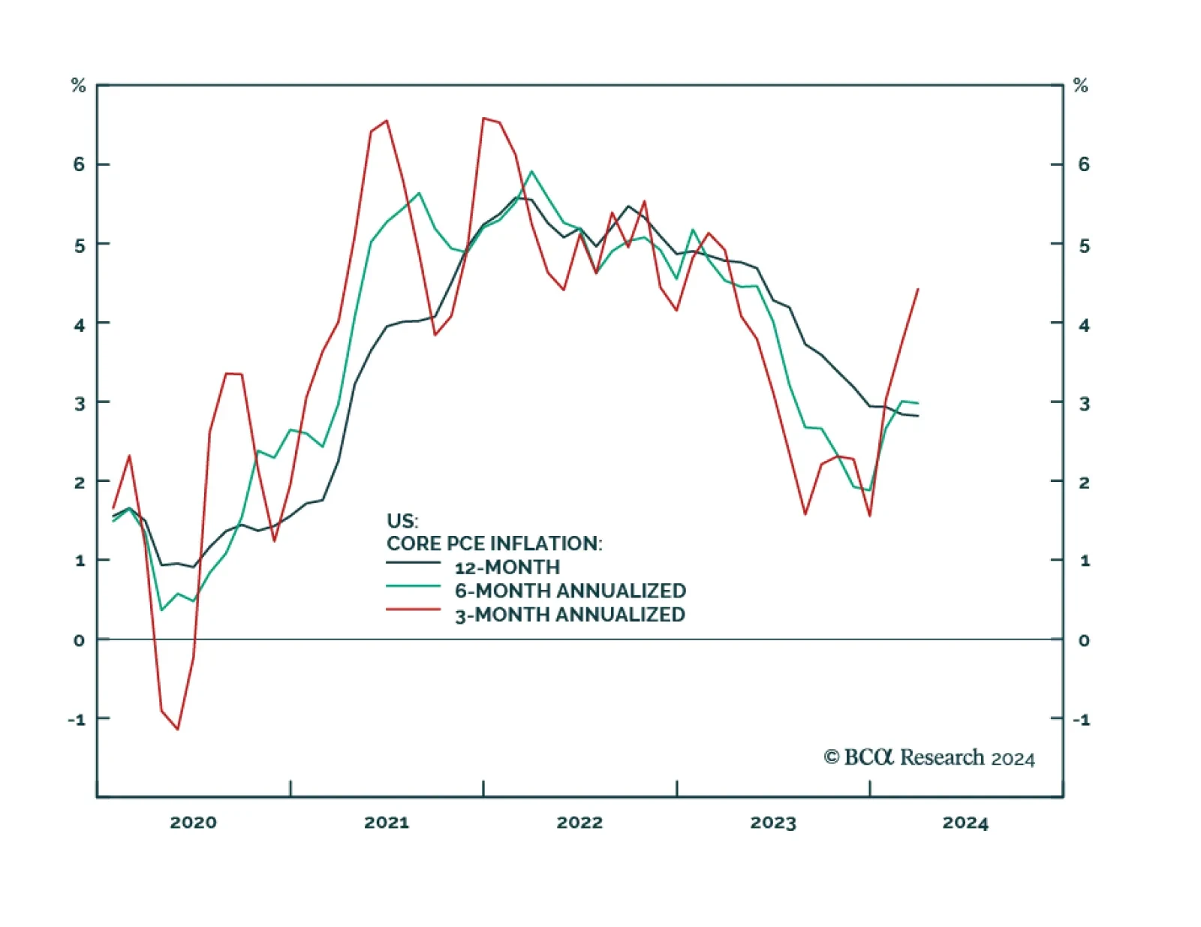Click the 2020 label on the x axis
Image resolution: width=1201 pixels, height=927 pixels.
[193, 823]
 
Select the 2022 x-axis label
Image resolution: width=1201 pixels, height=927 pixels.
[579, 823]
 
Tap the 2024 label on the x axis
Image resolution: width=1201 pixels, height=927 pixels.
[965, 823]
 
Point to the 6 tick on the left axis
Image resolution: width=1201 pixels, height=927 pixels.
[79, 164]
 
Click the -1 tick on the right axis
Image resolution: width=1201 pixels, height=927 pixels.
[1081, 720]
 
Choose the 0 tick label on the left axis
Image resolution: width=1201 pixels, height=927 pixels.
[79, 640]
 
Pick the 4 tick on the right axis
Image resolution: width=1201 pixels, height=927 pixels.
[1084, 325]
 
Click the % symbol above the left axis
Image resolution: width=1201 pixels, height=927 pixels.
[78, 86]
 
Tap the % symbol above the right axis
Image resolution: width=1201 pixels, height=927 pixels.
[1081, 86]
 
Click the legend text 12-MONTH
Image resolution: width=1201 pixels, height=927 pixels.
[507, 567]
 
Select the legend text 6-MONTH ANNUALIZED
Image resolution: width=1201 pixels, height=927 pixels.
[570, 591]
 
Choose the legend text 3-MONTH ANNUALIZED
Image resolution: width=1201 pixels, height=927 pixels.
[570, 615]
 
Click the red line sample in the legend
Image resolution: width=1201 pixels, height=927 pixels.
[413, 609]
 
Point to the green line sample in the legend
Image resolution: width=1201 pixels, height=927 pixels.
[413, 585]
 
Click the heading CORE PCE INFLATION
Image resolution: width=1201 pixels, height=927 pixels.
[494, 543]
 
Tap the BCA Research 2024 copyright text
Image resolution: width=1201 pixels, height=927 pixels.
[929, 757]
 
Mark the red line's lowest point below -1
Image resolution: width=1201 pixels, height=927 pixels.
[178, 729]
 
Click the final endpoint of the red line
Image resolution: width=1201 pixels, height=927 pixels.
[918, 289]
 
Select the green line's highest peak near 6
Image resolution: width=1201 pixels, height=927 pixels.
[531, 171]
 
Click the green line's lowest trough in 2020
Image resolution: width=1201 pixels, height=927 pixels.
[161, 609]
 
